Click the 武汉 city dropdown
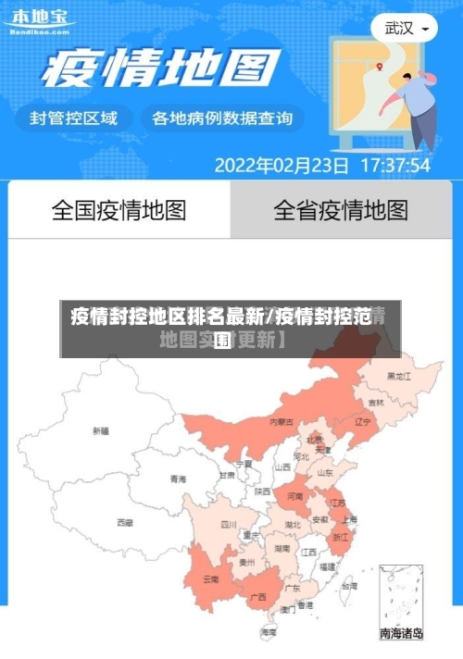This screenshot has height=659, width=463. point(405,28)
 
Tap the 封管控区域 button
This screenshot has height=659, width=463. point(74,118)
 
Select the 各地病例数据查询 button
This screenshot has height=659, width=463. point(221,118)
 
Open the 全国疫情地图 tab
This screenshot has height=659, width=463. point(119,210)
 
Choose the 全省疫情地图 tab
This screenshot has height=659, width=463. point(340,210)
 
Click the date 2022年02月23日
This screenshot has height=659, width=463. point(282,166)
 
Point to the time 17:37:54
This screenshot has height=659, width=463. point(394,166)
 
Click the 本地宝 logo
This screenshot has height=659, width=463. point(38,19)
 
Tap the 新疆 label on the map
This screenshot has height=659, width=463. point(101,430)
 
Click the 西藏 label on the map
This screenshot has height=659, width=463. point(124,523)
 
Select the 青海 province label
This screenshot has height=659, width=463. point(178,479)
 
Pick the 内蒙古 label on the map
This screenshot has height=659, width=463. point(282,421)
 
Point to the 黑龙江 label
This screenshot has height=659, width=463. point(398,377)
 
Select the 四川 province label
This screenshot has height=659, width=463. point(229,524)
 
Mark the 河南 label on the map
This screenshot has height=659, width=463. point(294,497)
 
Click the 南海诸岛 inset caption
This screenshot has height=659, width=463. point(402,635)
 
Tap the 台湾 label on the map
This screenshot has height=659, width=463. point(348,586)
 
